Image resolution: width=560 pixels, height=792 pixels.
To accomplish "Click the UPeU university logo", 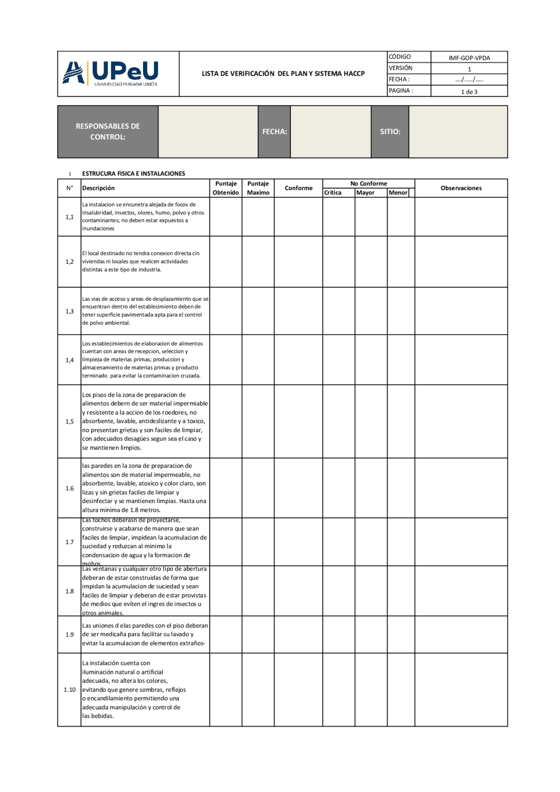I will (x=111, y=73).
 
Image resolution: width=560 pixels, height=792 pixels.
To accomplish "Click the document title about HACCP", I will (x=283, y=73).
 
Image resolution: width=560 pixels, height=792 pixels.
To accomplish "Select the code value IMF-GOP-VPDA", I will (x=469, y=58).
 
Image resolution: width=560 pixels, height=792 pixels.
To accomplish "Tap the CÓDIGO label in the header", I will (x=400, y=57).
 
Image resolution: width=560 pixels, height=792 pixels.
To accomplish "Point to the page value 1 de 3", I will (x=469, y=92).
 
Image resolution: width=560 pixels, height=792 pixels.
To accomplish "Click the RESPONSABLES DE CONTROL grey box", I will (x=108, y=132).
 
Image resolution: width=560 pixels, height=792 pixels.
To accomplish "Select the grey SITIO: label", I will (x=390, y=132).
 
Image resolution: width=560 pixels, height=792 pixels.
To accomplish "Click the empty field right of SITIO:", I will (x=458, y=132).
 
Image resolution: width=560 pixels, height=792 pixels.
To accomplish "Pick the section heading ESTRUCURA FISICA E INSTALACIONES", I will (x=133, y=174).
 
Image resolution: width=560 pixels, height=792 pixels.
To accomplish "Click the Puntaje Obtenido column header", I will (x=226, y=188).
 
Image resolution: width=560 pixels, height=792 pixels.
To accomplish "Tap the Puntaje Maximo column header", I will (x=258, y=188).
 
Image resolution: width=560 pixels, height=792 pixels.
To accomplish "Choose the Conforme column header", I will (x=298, y=188).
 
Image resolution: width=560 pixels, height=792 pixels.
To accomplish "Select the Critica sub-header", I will (x=333, y=193).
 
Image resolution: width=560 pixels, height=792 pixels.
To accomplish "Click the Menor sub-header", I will (x=398, y=193).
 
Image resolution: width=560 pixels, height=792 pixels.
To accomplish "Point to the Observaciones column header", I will (x=461, y=188).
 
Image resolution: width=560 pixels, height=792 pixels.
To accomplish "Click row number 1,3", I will (x=70, y=311).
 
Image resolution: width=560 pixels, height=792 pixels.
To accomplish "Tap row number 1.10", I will (x=70, y=690).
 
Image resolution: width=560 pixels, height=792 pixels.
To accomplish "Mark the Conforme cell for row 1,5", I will (x=298, y=422).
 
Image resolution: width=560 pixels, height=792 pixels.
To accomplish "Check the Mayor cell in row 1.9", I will (x=371, y=635).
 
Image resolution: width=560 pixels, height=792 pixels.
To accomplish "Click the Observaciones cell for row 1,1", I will (x=461, y=217).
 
